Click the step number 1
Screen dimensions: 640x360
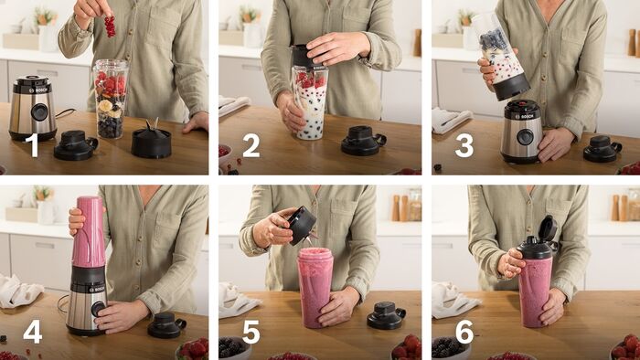click(32, 145)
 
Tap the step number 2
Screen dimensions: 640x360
click(251, 145)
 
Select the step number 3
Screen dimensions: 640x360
click(464, 145)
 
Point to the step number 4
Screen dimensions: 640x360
click(33, 332)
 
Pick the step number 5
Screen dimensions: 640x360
click(251, 332)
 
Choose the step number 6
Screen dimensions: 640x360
click(464, 332)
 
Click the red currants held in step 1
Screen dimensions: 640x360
click(110, 26)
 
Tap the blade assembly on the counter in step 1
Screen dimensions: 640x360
click(151, 140)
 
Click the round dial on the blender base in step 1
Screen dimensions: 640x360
click(39, 111)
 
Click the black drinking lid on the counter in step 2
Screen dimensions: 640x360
click(363, 141)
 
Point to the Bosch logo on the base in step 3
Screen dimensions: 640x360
click(527, 116)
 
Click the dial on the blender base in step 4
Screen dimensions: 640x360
click(98, 309)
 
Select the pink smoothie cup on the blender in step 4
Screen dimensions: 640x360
click(89, 231)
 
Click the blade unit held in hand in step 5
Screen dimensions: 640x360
click(302, 226)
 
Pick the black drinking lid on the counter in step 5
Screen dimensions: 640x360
click(386, 315)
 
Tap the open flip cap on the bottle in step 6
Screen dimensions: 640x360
click(548, 228)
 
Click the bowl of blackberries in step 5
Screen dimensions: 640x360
click(234, 348)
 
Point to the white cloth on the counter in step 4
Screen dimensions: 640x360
click(18, 291)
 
